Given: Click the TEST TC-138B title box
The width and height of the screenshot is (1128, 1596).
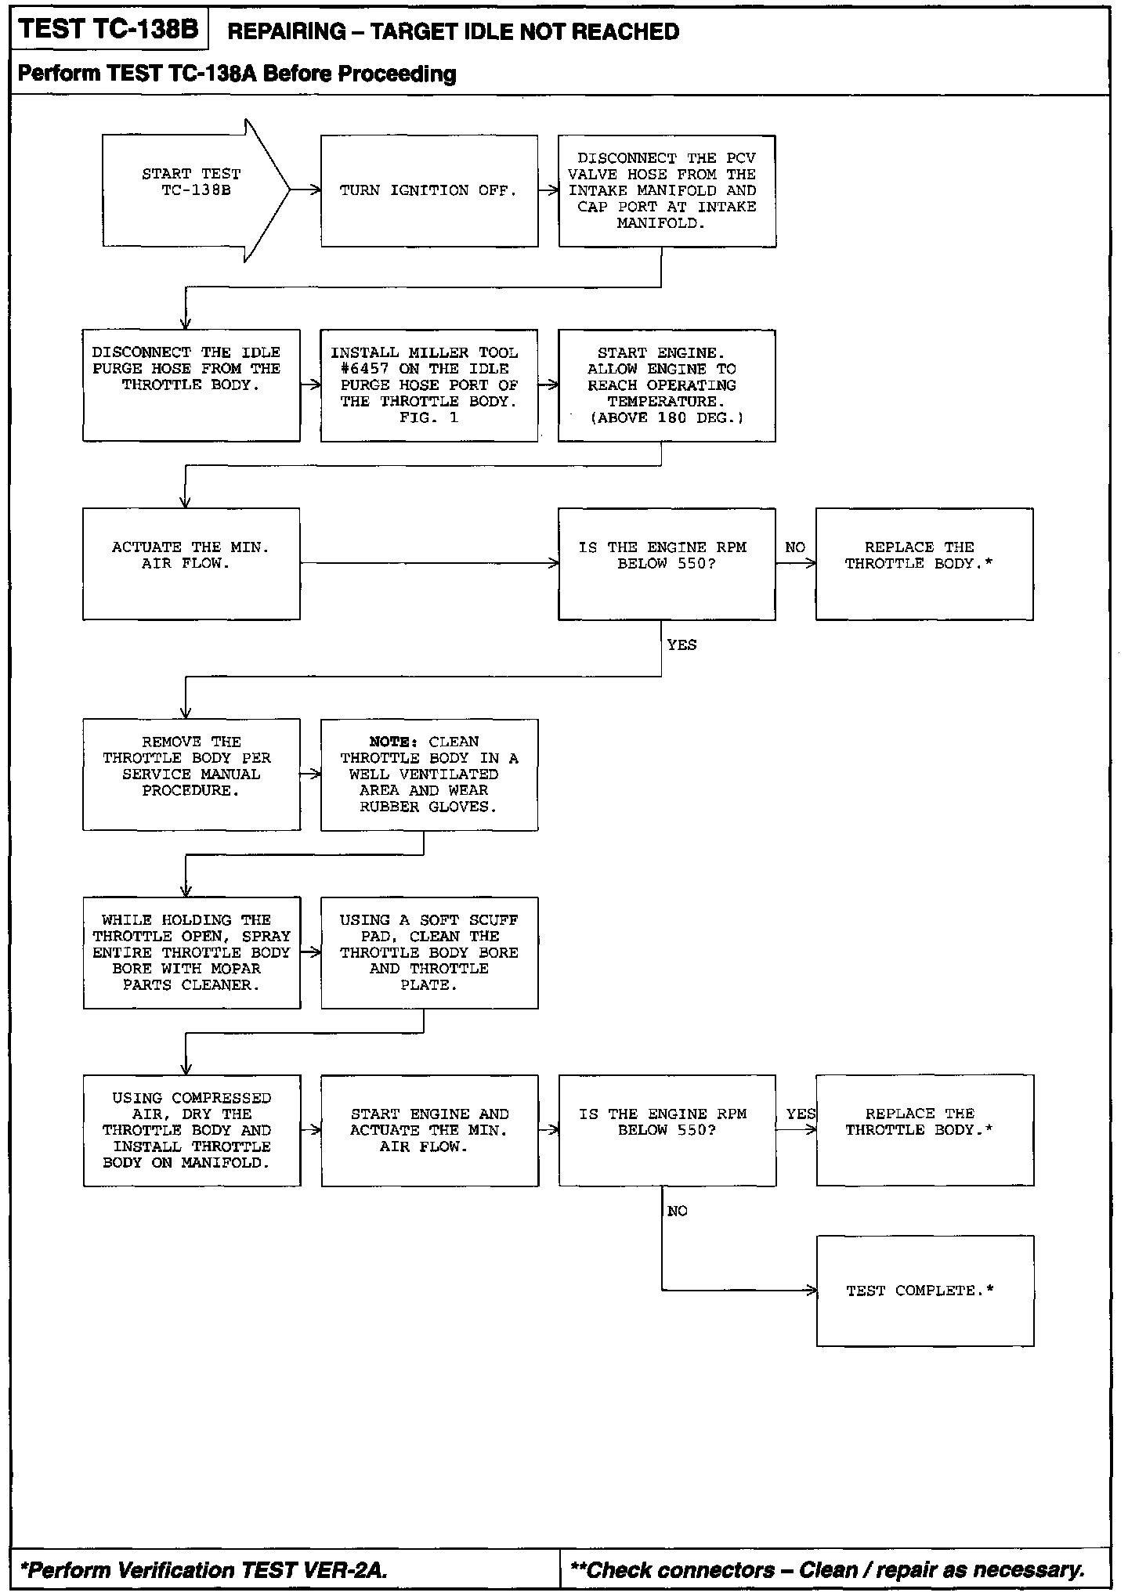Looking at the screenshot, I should (108, 31).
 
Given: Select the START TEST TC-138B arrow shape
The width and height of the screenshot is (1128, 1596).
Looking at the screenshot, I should (191, 190).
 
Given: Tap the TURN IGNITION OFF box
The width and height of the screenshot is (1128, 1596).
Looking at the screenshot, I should (428, 191).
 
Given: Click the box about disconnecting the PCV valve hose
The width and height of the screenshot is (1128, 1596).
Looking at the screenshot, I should (667, 191).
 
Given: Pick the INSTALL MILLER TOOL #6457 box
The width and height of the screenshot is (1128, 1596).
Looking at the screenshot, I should (428, 385).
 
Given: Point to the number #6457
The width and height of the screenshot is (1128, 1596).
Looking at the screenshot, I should (364, 369).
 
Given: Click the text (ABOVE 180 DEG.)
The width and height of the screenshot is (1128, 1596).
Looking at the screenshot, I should (667, 418).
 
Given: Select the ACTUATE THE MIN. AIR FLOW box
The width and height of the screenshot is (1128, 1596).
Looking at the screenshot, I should (191, 564).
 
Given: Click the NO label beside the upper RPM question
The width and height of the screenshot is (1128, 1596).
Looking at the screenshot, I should (795, 547).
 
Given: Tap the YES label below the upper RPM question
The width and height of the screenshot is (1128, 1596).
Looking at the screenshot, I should (681, 645).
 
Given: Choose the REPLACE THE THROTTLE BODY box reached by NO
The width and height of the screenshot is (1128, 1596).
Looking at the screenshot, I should (924, 564).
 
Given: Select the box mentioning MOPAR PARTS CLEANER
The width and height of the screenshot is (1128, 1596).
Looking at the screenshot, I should (192, 953).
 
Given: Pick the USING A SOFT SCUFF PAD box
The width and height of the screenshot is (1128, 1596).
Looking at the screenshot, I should (429, 953).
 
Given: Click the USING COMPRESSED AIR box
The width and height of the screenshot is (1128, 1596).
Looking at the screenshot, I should (192, 1131).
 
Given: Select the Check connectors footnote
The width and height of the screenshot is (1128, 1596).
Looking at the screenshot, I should (828, 1570).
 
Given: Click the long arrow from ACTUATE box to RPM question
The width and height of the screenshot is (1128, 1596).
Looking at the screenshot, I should (428, 563).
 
